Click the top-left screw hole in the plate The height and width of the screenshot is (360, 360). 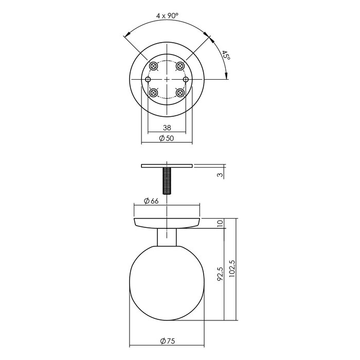click(153, 66)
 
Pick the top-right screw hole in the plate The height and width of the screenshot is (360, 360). click(180, 66)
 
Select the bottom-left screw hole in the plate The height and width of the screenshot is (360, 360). click(153, 93)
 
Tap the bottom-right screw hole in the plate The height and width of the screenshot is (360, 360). click(180, 93)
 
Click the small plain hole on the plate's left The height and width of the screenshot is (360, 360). click(148, 80)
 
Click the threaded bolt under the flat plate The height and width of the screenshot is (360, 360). click(167, 180)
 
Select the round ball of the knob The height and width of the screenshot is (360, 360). click(167, 291)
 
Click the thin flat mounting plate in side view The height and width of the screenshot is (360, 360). click(167, 166)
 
